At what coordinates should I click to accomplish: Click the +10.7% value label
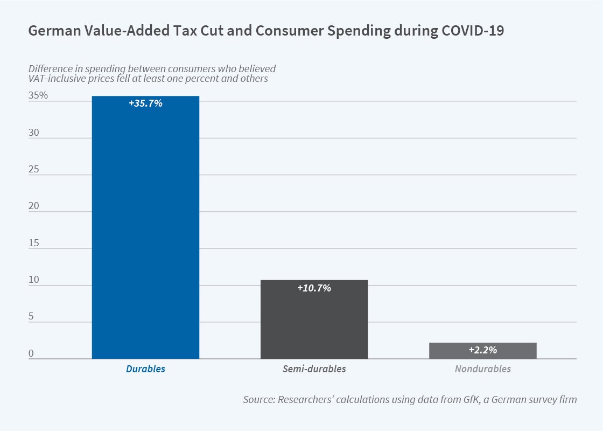click(314, 288)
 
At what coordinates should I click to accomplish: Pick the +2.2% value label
click(482, 350)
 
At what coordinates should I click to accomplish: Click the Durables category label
click(145, 369)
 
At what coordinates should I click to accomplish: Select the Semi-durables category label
click(314, 369)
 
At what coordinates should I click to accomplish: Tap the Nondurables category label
click(482, 369)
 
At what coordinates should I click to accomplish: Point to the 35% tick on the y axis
click(38, 95)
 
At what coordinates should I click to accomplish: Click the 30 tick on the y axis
click(34, 132)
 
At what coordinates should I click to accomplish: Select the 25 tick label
click(34, 169)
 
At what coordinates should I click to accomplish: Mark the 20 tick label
click(34, 206)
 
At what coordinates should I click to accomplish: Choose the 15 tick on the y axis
click(34, 242)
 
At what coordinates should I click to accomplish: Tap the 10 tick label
click(34, 280)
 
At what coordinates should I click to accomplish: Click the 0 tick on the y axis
click(31, 353)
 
